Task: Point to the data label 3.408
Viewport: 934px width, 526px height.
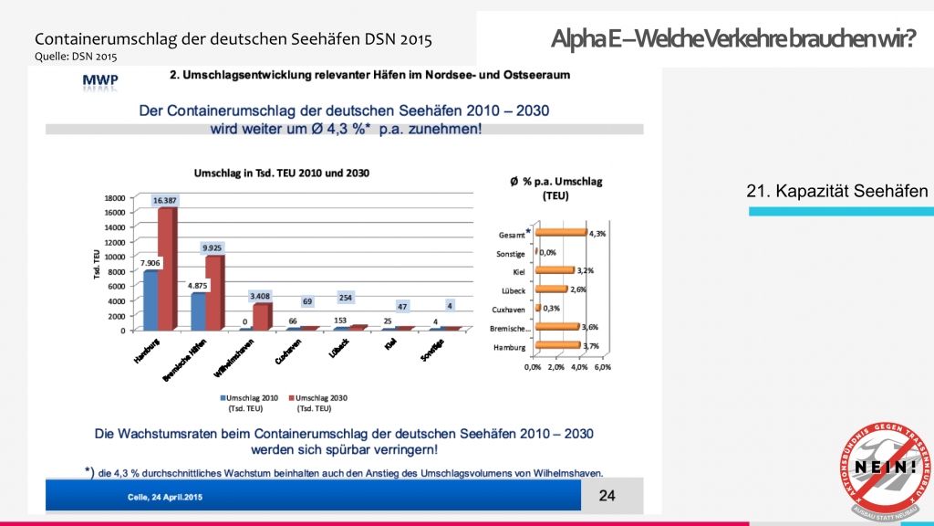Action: (x=260, y=296)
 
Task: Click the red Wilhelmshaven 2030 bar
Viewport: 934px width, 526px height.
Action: (x=262, y=317)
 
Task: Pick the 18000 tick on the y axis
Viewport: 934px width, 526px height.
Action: (x=113, y=197)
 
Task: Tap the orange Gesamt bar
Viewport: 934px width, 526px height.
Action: (x=561, y=233)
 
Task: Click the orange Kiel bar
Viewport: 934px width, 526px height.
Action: (x=555, y=270)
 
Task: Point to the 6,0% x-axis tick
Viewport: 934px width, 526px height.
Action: (x=603, y=367)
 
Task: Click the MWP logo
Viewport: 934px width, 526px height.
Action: (x=99, y=83)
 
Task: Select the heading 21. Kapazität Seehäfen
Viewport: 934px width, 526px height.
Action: (x=836, y=191)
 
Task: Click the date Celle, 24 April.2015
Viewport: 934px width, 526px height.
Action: (x=163, y=497)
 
